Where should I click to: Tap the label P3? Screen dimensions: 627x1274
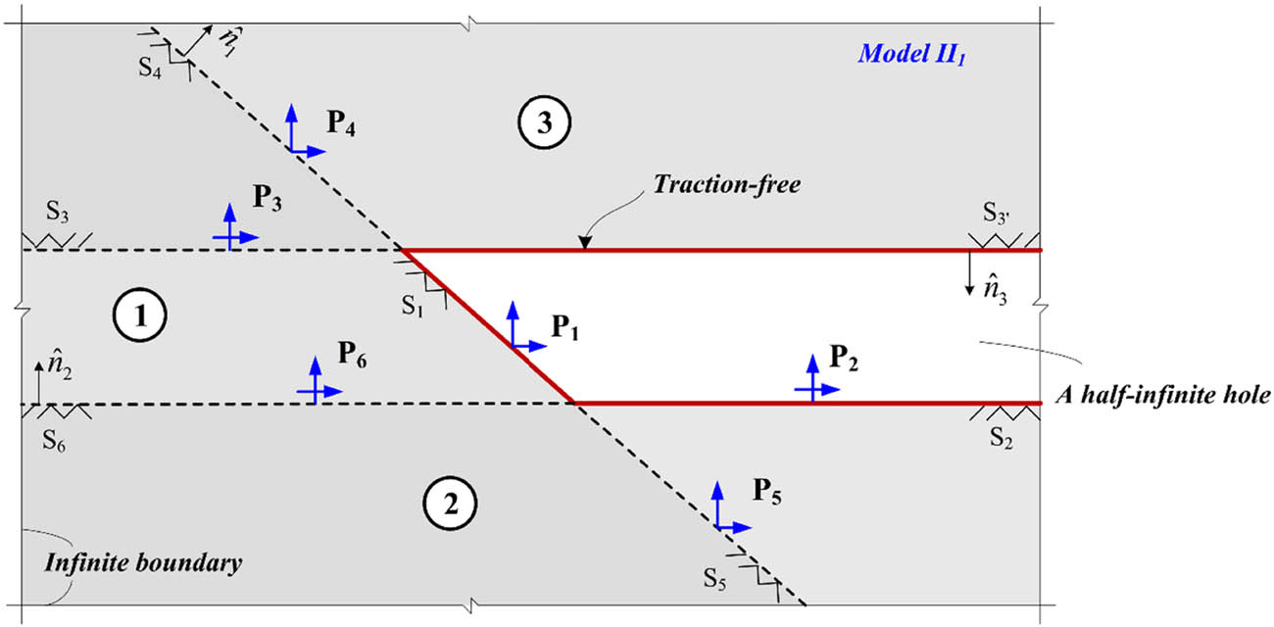(270, 197)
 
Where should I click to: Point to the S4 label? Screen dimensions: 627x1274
(151, 71)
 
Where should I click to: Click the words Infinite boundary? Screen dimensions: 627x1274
(143, 565)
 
